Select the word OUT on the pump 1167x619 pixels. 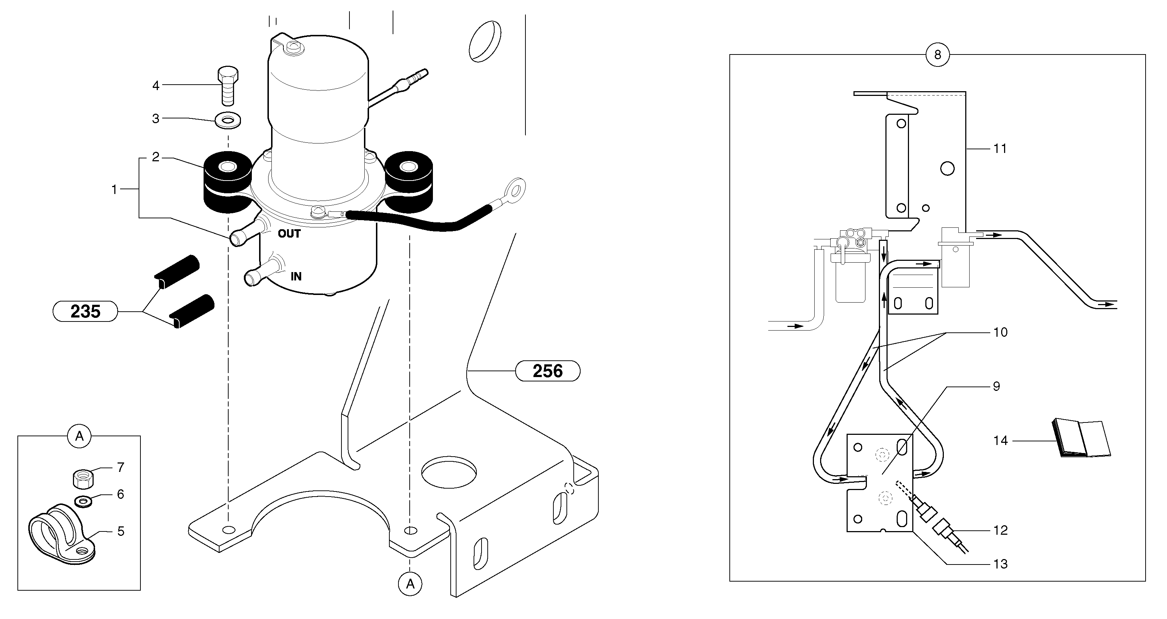click(289, 234)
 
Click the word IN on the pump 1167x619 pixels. click(296, 276)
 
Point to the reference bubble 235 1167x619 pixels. click(85, 312)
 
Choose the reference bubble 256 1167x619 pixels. click(548, 371)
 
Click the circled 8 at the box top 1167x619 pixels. click(937, 55)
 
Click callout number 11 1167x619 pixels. click(1000, 149)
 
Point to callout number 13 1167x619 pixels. click(1000, 564)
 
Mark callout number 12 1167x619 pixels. click(1000, 530)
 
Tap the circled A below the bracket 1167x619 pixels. click(410, 584)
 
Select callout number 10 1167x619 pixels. click(1000, 332)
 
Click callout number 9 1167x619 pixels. click(996, 387)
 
